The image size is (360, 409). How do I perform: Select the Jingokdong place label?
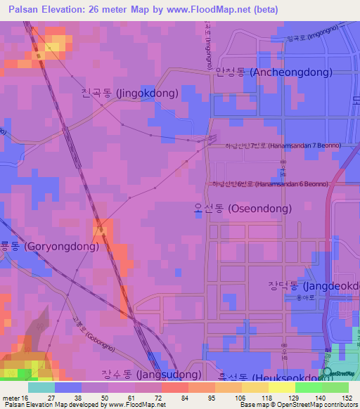129,93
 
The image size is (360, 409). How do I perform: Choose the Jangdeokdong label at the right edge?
314,287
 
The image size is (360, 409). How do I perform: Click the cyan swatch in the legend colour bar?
41,387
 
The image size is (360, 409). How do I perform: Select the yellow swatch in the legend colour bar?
282,387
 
